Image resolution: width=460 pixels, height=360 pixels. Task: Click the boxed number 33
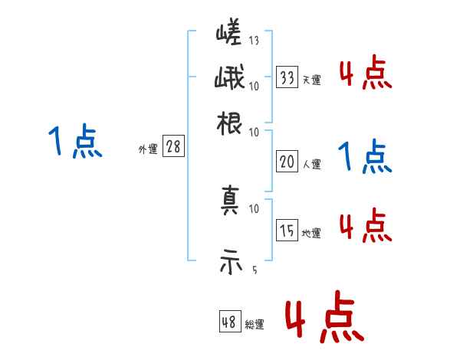point(287,77)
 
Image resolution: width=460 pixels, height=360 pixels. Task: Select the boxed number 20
point(287,162)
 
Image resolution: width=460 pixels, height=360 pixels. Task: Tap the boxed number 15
point(287,230)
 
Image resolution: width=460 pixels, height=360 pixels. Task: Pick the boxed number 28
point(173,147)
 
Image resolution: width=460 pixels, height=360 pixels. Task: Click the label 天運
point(311,79)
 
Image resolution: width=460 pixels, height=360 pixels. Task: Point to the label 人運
point(311,164)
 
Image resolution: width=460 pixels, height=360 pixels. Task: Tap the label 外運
point(148,149)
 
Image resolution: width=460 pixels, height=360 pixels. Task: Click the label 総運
point(255,325)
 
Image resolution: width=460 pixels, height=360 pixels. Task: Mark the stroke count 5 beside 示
point(254,270)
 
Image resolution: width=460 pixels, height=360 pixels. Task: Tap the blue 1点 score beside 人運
point(365,157)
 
